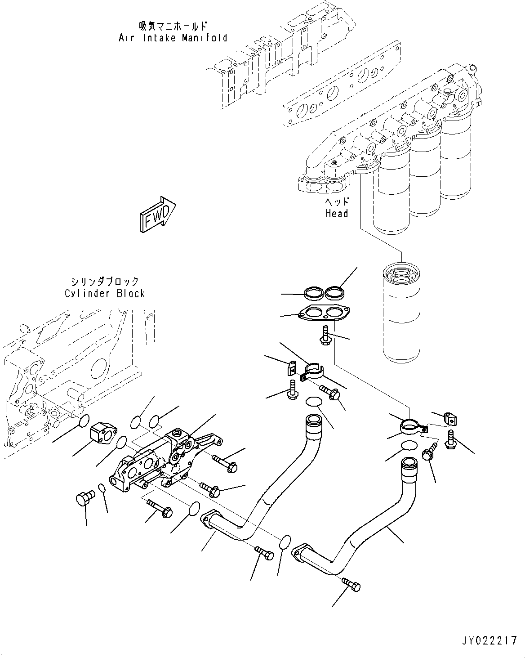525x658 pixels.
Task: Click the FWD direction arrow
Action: (156, 215)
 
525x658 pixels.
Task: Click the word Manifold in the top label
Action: (205, 38)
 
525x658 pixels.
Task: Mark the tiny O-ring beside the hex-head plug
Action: (102, 488)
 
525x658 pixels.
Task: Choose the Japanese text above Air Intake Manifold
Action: (173, 26)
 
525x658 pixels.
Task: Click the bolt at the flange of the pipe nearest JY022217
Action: (352, 585)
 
